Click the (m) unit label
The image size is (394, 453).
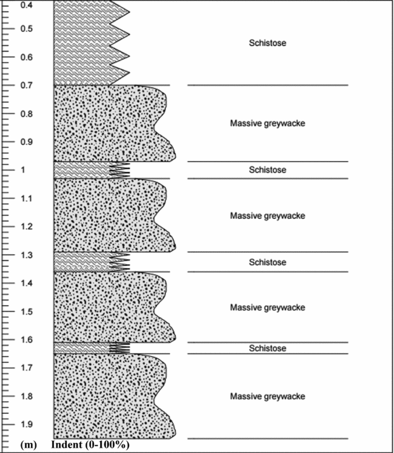point(28,445)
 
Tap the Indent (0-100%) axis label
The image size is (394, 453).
point(90,445)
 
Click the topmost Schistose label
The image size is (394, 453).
point(267,43)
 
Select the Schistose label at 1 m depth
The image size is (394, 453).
point(267,170)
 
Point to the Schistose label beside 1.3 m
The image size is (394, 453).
point(267,263)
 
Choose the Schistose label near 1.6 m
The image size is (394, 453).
point(267,349)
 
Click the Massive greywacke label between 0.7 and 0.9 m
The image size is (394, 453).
point(267,124)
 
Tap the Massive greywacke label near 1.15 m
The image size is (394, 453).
point(267,216)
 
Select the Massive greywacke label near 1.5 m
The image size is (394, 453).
point(267,307)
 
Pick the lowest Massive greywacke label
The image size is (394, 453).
point(267,397)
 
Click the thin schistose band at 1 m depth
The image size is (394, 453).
point(85,170)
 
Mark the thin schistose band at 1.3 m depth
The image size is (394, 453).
point(85,261)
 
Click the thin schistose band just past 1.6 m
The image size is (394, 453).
point(85,348)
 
